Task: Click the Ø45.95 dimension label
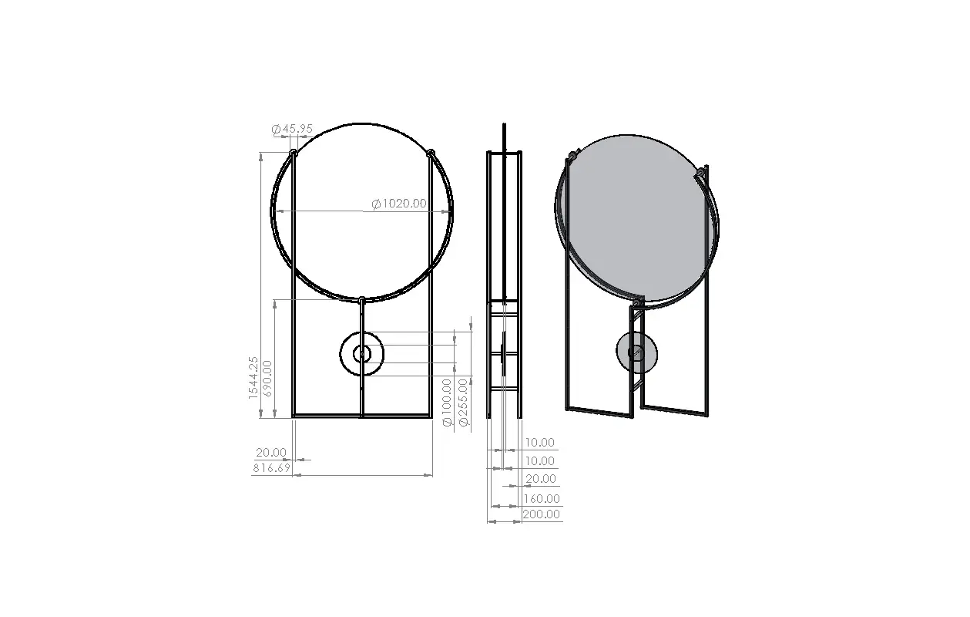(x=293, y=129)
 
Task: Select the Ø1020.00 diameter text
(x=398, y=204)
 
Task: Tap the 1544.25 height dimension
(x=253, y=377)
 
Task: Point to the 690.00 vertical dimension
(x=267, y=377)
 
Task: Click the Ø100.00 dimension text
(x=448, y=402)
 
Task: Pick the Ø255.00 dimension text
(x=462, y=402)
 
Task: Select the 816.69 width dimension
(x=271, y=468)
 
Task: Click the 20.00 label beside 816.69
(x=271, y=453)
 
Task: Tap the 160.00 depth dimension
(x=542, y=499)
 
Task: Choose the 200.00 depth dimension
(x=542, y=514)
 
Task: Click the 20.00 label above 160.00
(x=540, y=479)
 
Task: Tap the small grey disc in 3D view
(x=637, y=352)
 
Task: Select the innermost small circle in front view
(x=361, y=354)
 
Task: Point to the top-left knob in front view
(x=294, y=153)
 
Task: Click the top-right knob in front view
(x=431, y=153)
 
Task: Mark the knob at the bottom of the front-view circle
(x=361, y=299)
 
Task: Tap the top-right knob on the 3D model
(x=700, y=170)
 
